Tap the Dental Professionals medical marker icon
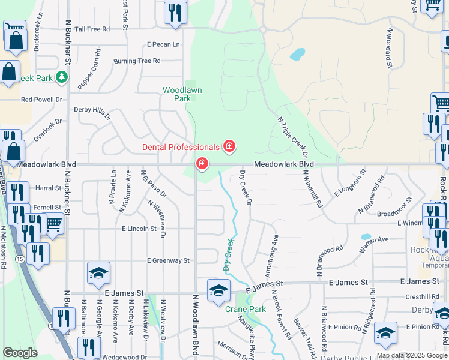coord(229,146)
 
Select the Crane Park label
coord(245,309)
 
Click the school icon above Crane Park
coord(218,290)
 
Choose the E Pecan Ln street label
coord(163,44)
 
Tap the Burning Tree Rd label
coord(137,61)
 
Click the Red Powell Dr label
coord(42,100)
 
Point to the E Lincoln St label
coord(139,229)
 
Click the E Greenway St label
coord(168,260)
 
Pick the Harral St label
coord(49,188)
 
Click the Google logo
coord(20,353)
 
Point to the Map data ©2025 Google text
coord(411,355)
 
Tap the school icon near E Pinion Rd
coord(385,334)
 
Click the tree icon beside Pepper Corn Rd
coord(61,77)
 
